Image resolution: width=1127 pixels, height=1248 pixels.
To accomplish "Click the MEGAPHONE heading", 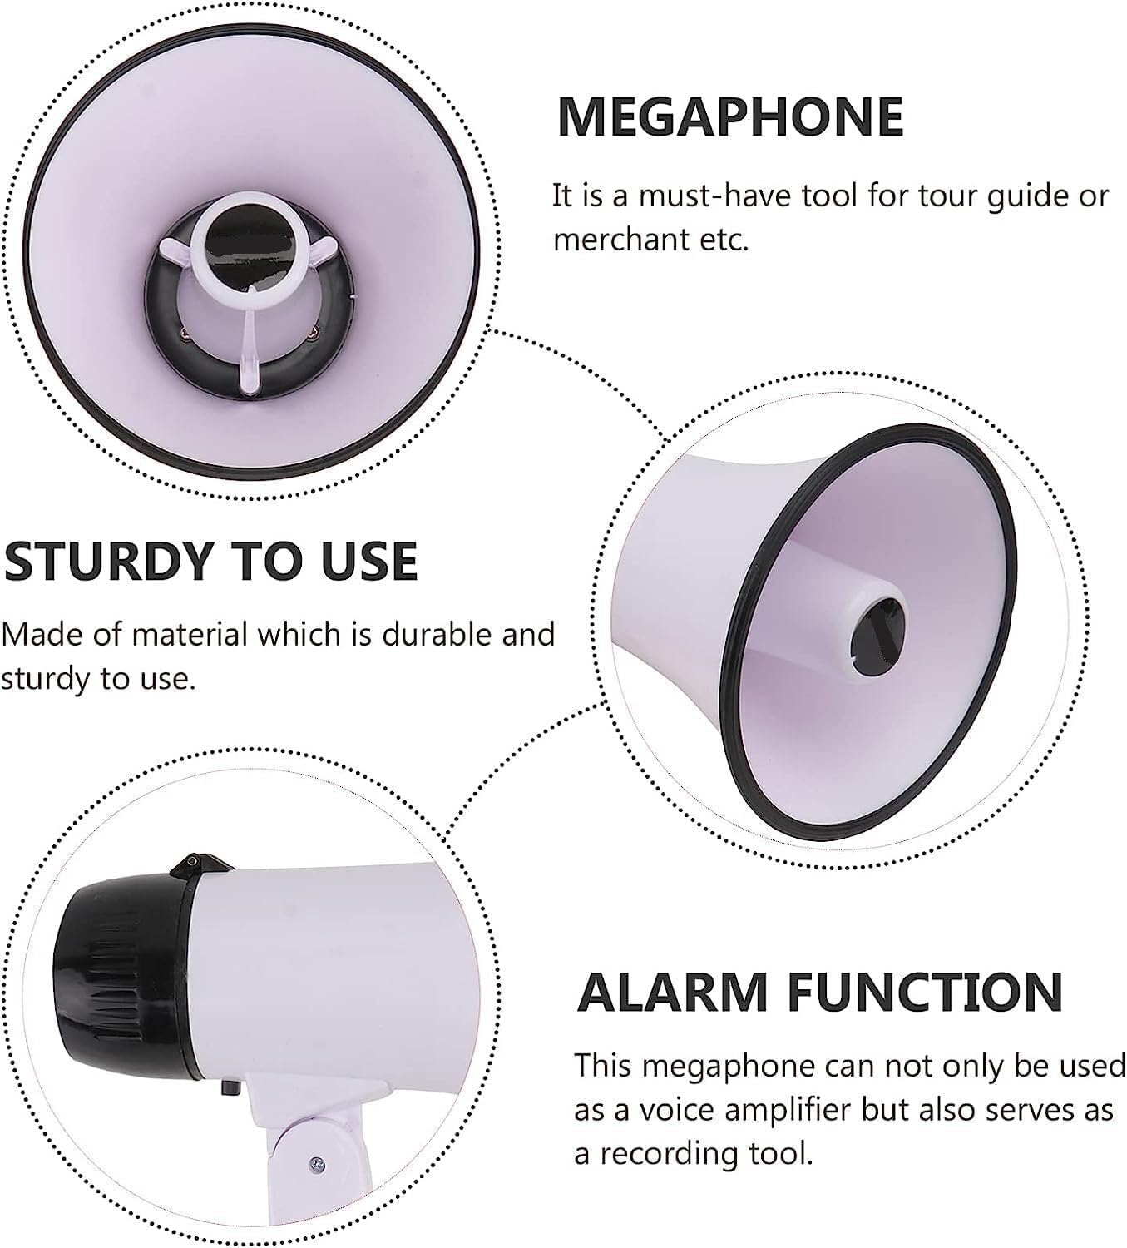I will point(730,116).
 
